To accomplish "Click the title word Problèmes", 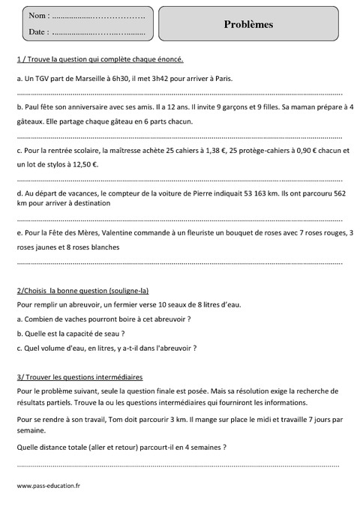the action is pos(248,24).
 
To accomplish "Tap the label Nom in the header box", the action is pos(37,15).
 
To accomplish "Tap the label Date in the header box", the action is pos(37,32).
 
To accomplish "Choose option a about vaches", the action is pos(103,319).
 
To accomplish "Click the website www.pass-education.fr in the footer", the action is pos(48,485).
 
